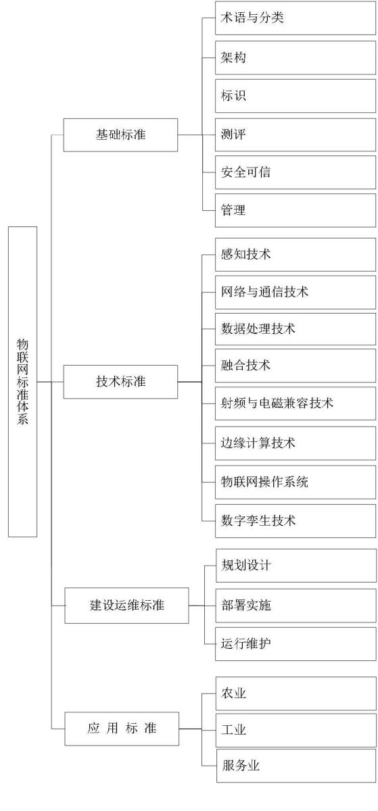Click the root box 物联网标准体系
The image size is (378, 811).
click(22, 382)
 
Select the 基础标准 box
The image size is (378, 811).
click(120, 134)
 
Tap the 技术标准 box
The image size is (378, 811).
click(120, 382)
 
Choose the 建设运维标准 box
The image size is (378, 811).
click(126, 606)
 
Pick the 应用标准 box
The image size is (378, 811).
click(122, 729)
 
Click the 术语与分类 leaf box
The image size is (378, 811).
click(296, 18)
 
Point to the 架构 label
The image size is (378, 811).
click(233, 57)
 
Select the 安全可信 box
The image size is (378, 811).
click(296, 172)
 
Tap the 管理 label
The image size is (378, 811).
click(233, 210)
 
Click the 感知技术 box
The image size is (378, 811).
click(296, 254)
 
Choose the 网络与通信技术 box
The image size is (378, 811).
click(296, 292)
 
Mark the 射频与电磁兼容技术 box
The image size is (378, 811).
click(296, 403)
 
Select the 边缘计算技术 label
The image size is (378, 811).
click(258, 443)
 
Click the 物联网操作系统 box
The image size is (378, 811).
click(296, 482)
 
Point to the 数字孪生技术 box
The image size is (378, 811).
click(296, 520)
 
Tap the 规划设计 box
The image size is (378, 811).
click(296, 566)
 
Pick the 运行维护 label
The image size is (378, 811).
click(246, 643)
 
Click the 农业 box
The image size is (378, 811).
click(296, 693)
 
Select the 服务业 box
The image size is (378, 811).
click(296, 766)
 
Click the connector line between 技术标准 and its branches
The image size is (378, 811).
click(190, 382)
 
